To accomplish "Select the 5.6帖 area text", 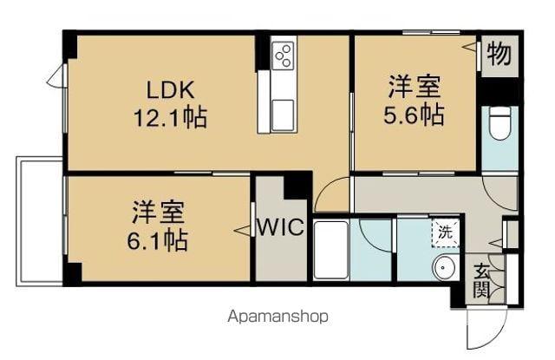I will click(415, 114).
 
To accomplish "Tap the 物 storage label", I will click(499, 54).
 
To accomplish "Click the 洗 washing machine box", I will click(444, 232).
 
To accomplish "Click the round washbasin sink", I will click(444, 268).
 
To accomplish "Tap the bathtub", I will click(330, 251).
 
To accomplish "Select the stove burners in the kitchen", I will click(283, 57).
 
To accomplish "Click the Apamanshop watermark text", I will click(278, 317).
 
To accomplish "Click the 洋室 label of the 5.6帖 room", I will click(415, 88).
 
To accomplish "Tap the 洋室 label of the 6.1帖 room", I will click(159, 211).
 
